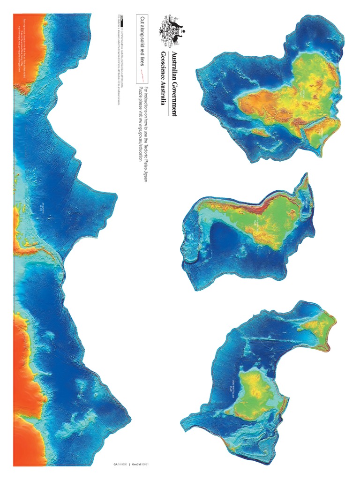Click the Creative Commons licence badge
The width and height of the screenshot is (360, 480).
click(x=121, y=19)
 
